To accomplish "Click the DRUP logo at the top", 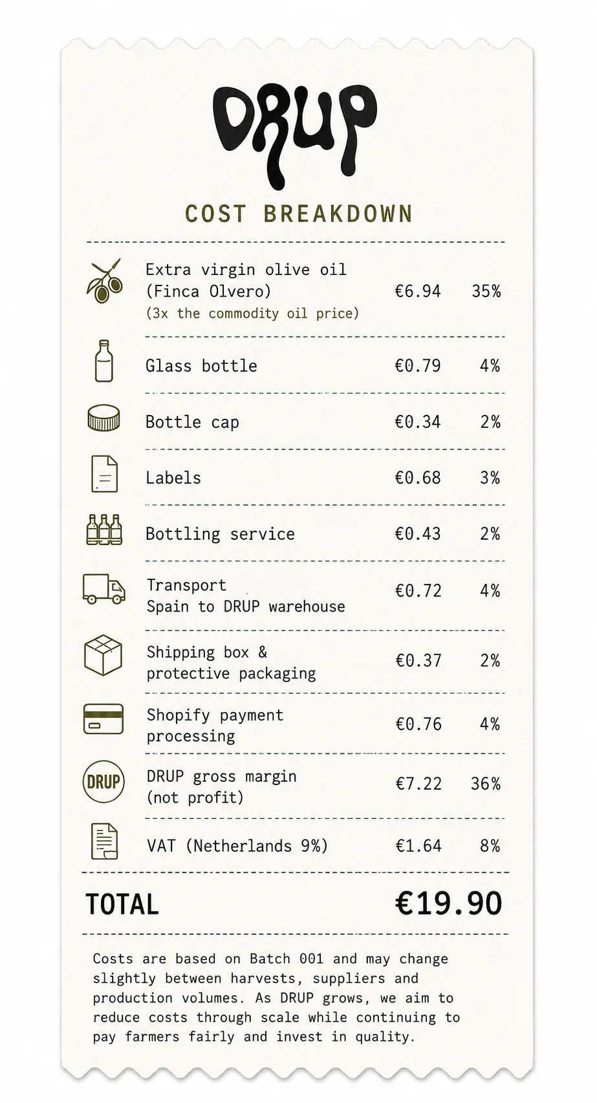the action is (x=296, y=136).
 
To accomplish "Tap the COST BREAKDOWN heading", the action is (x=299, y=214).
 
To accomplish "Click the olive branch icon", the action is (x=104, y=281).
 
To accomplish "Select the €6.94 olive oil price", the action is (x=418, y=291).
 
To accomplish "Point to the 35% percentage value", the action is (x=486, y=291).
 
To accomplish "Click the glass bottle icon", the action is (x=104, y=361).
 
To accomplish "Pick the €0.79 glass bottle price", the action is (x=418, y=366).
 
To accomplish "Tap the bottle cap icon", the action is (x=103, y=418).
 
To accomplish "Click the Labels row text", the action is (x=173, y=478).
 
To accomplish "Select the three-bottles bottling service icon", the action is (x=104, y=530).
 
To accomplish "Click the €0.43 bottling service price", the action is (x=418, y=534).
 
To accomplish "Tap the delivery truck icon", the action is (x=104, y=589).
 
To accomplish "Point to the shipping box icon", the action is (x=103, y=655).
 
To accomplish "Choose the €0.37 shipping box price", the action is (x=418, y=660).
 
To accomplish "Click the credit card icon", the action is (x=103, y=719).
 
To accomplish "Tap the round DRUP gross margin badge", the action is (x=103, y=781).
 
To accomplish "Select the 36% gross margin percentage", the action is (x=486, y=783).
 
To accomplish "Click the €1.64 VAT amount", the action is (x=418, y=846).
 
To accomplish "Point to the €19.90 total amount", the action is (x=448, y=904).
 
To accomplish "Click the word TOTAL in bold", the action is (x=122, y=904).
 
